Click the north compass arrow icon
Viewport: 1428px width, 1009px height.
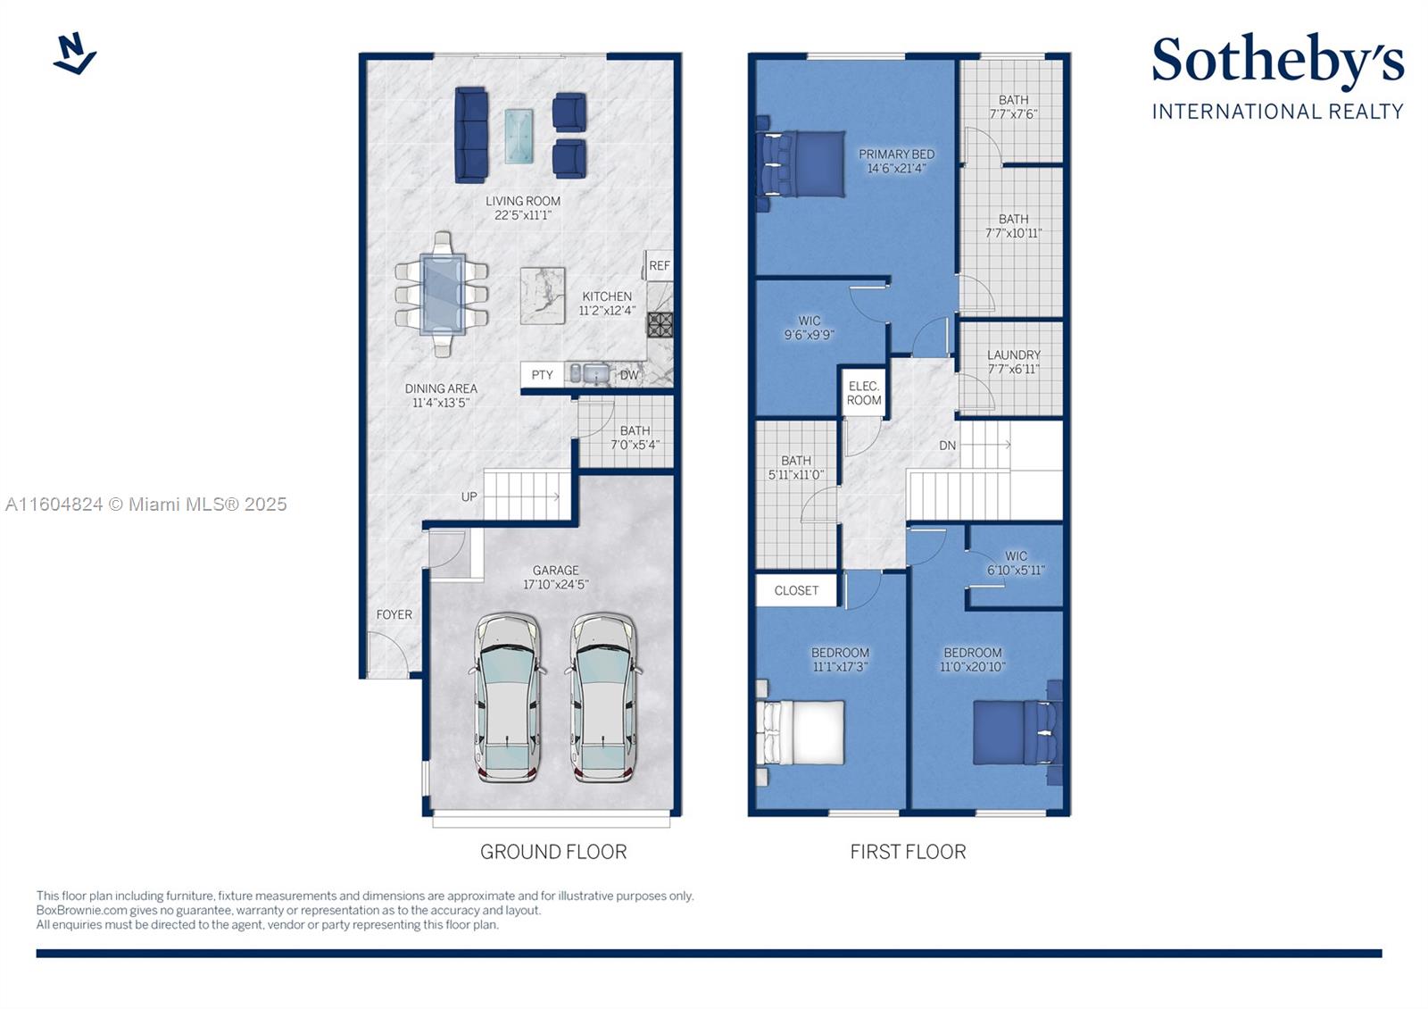[x=75, y=54]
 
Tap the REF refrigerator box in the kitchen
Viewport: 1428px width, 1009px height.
[x=659, y=265]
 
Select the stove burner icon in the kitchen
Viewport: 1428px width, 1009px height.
[x=660, y=325]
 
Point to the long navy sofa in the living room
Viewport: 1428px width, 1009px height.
[x=471, y=135]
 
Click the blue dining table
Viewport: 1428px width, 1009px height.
[x=442, y=294]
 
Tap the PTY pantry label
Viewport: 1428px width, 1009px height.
[x=542, y=375]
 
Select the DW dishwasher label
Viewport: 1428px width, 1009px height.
[x=629, y=375]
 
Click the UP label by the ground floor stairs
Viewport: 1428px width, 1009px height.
[x=469, y=496]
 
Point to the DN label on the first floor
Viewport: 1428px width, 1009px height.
[x=947, y=446]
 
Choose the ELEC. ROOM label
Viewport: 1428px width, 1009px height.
[x=864, y=394]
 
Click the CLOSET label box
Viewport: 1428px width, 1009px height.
[x=796, y=590]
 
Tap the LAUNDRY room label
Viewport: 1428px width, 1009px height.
[x=1014, y=354]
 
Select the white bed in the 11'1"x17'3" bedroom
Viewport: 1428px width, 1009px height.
[x=800, y=733]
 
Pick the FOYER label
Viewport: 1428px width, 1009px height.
[x=394, y=614]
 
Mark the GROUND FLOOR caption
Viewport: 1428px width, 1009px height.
[x=553, y=852]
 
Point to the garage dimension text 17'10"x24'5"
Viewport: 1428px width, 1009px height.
[x=556, y=584]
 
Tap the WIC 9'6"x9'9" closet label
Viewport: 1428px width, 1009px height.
[x=809, y=328]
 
